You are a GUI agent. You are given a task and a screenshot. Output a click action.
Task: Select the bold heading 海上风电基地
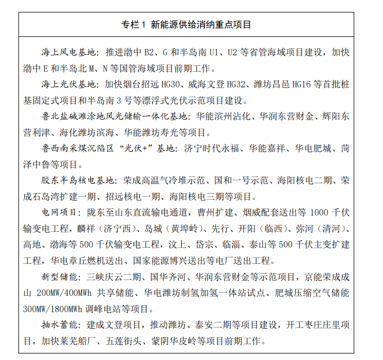70,53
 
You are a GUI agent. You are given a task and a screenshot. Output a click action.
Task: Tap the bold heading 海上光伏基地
70,85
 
